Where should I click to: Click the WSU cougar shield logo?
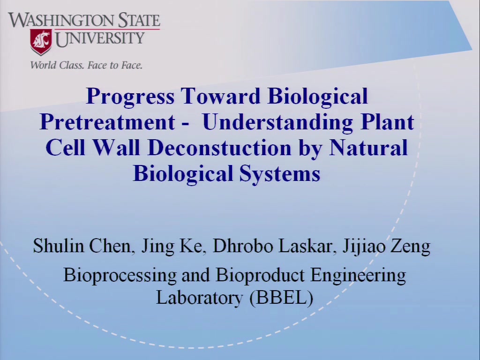pyautogui.click(x=41, y=42)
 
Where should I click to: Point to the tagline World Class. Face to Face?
pyautogui.click(x=86, y=65)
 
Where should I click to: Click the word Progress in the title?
pyautogui.click(x=130, y=97)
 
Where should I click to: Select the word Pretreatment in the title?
pyautogui.click(x=107, y=122)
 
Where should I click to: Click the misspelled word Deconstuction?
pyautogui.click(x=219, y=148)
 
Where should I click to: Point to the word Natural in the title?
pyautogui.click(x=368, y=148)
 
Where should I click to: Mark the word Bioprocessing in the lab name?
pyautogui.click(x=120, y=275)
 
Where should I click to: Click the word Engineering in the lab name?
pyautogui.click(x=358, y=275)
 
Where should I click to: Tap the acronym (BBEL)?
pyautogui.click(x=281, y=298)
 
